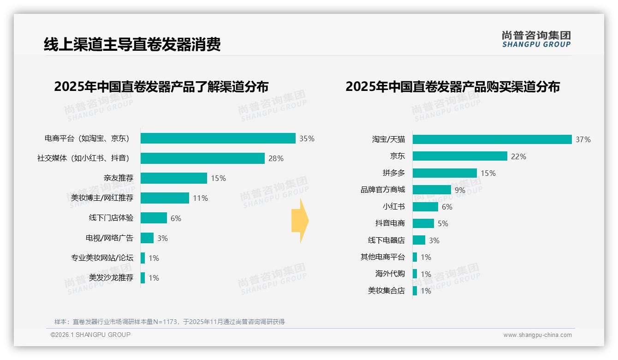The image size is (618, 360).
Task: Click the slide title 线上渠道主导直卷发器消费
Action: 132,44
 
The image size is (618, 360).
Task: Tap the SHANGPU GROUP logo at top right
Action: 536,39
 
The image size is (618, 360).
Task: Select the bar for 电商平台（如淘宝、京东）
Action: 218,138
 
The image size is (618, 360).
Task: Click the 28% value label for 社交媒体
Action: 276,158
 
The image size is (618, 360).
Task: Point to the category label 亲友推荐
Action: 119,178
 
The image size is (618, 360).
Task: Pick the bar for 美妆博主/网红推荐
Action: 165,198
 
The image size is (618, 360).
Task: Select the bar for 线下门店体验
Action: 154,218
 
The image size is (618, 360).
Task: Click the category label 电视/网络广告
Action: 109,238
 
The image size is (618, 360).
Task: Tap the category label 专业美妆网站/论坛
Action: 102,258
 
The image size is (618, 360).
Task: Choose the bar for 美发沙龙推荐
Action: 143,278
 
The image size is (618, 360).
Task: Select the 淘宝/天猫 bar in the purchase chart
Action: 492,139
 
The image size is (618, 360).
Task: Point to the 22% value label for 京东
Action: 518,156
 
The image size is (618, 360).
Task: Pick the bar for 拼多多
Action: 445,173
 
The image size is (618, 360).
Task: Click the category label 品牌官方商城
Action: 382,190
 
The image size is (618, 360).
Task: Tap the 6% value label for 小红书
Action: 447,207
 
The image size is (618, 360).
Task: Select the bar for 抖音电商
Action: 423,223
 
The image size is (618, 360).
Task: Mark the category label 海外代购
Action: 390,274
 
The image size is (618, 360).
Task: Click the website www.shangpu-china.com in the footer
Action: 537,335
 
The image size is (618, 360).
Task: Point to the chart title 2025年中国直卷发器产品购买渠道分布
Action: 452,87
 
